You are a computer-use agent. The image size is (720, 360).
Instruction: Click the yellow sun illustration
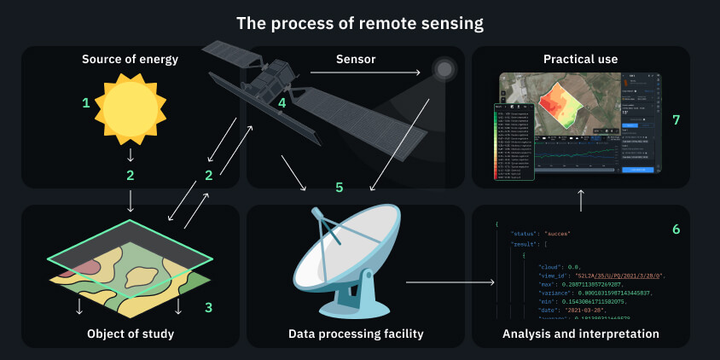[130, 107]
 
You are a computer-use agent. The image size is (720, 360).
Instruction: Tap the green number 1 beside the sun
[85, 103]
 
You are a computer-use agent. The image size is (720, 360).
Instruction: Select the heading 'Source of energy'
[130, 60]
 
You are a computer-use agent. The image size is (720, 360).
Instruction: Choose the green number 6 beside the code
[676, 229]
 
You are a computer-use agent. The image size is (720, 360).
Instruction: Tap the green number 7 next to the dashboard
[676, 119]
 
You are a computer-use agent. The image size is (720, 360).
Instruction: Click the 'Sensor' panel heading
[355, 60]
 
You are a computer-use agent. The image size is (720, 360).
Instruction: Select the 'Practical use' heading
[580, 60]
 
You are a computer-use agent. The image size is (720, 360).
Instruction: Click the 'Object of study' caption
[130, 334]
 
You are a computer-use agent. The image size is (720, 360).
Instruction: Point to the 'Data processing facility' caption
[356, 334]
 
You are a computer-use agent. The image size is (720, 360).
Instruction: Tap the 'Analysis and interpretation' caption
[580, 334]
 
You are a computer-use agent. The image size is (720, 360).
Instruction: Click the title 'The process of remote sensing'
[359, 22]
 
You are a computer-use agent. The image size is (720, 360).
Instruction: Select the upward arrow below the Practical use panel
[581, 200]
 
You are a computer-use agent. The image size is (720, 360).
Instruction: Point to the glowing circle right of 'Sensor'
[443, 68]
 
